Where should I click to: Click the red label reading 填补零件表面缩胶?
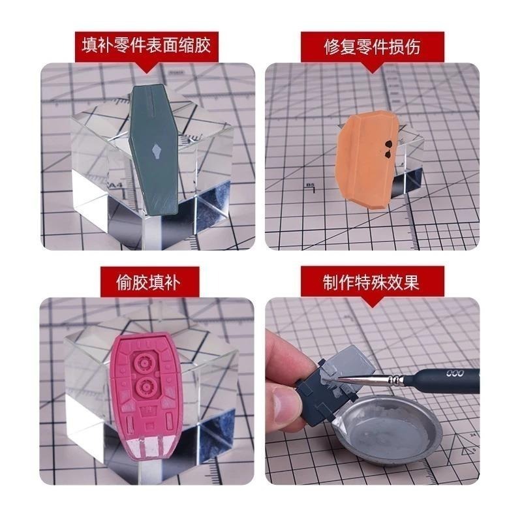pyautogui.click(x=147, y=46)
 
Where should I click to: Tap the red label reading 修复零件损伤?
pyautogui.click(x=372, y=46)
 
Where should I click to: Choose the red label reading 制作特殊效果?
pyautogui.click(x=372, y=281)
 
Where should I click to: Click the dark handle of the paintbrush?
pyautogui.click(x=450, y=376)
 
